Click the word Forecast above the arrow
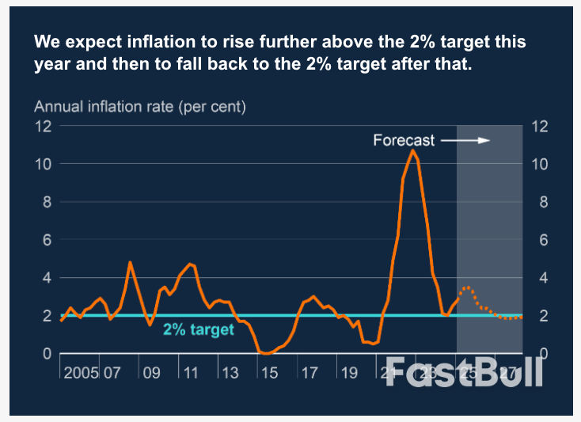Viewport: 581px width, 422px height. coord(404,141)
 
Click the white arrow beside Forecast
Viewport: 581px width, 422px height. coord(466,141)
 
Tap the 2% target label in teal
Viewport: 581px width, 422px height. coord(199,329)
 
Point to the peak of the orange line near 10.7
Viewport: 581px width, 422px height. coord(412,150)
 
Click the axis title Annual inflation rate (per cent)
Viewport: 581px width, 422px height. coord(140,105)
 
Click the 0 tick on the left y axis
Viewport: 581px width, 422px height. coord(47,354)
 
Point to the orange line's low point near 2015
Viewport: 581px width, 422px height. coord(267,353)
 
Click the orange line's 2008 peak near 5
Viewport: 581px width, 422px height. coord(130,262)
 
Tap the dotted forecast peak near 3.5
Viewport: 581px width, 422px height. coord(467,287)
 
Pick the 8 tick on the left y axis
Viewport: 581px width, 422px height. coord(47,202)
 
